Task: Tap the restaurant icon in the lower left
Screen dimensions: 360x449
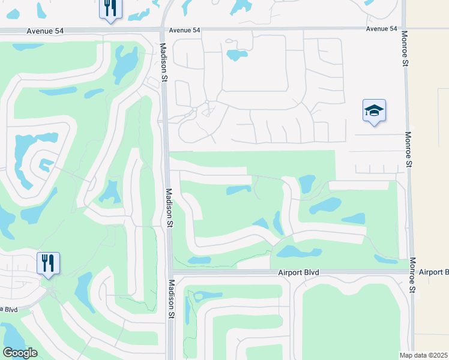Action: point(48,263)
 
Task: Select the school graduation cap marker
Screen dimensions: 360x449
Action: point(374,110)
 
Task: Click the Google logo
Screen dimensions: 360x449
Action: point(20,353)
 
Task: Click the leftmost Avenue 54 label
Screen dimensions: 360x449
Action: point(46,31)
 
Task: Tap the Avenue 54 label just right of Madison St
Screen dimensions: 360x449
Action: point(184,30)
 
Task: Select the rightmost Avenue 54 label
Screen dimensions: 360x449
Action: point(381,29)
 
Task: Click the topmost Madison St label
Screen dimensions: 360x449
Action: point(163,58)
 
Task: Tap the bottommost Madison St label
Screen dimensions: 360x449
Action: point(170,299)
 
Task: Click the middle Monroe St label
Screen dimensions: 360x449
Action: point(408,149)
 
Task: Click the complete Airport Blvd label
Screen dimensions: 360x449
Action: point(298,272)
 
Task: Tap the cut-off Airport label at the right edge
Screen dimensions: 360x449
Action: point(433,272)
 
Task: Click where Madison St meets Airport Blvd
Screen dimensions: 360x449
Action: point(170,272)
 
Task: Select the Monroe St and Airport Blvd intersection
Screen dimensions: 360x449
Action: point(411,271)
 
